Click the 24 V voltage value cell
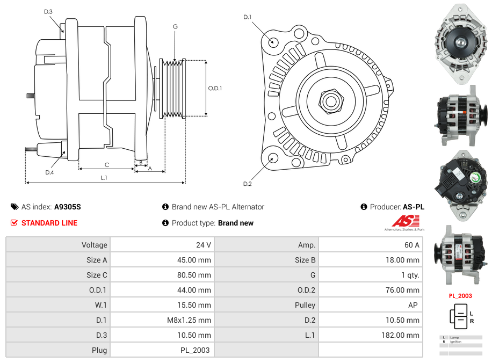coord(203,245)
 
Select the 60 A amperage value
coord(411,245)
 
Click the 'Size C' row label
coord(97,275)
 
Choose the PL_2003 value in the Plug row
coord(196,350)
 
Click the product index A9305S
coord(67,207)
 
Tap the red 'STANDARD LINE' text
coord(49,223)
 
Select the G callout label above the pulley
coord(175,26)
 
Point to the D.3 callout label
coord(48,11)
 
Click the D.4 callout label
coord(49,172)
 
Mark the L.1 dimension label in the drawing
coord(104,178)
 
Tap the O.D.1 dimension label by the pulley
coord(215,88)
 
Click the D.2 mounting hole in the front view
coord(272,158)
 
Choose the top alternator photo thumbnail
coord(460,43)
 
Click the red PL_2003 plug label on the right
coord(460,295)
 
